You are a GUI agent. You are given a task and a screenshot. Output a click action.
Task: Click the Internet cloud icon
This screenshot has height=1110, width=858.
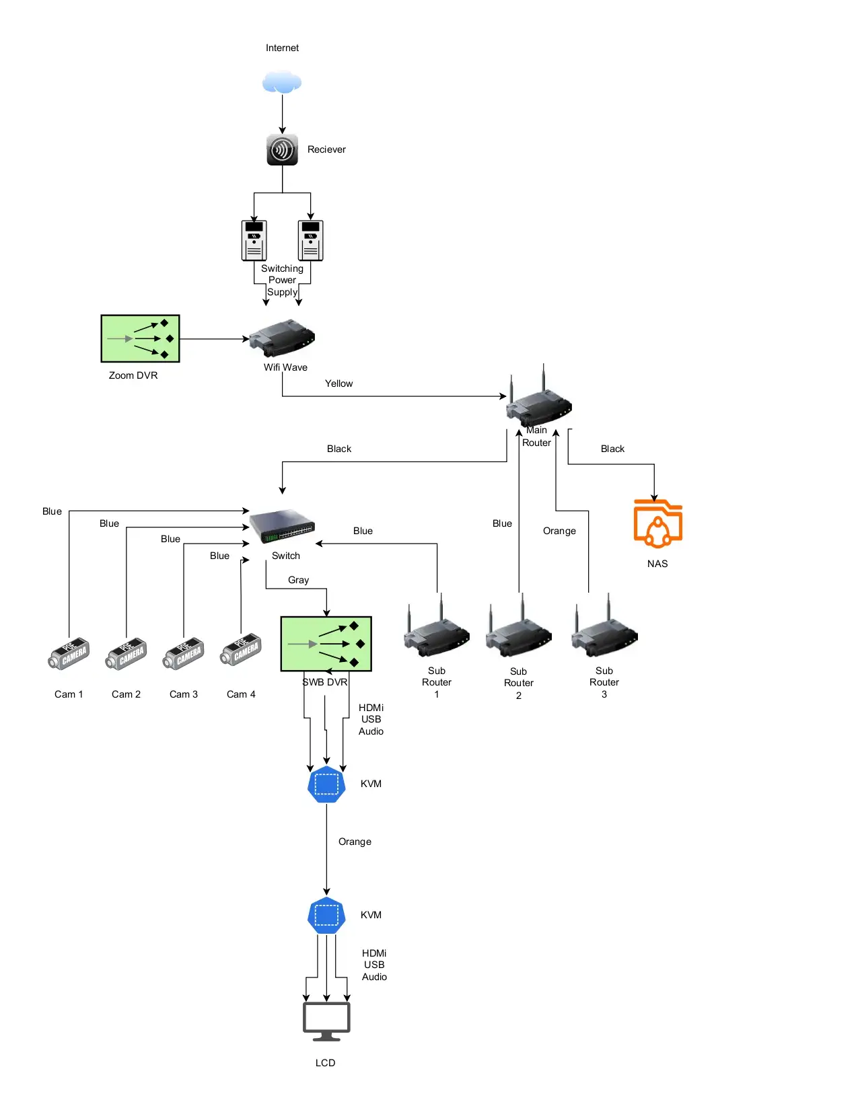coord(282,82)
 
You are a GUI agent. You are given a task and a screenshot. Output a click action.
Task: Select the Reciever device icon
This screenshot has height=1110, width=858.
coord(282,149)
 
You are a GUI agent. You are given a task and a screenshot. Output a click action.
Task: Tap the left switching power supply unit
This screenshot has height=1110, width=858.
coord(254,240)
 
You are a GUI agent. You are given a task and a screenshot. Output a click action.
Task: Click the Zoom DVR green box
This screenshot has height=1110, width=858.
coord(140,338)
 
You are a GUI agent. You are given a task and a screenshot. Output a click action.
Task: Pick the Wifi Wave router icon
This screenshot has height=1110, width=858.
coord(282,338)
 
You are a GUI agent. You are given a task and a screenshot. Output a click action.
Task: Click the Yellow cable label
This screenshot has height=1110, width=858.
coord(338,383)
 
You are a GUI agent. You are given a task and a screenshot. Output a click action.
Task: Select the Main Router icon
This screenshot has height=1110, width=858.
coord(540,402)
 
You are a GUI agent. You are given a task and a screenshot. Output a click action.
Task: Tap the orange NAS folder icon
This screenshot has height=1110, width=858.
coord(657,523)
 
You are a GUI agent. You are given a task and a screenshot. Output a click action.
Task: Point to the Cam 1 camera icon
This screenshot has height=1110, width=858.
coord(69,653)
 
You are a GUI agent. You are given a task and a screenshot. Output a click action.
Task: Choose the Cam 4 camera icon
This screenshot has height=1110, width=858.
coord(241,650)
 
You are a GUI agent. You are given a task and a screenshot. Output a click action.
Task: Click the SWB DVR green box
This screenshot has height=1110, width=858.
coord(326,644)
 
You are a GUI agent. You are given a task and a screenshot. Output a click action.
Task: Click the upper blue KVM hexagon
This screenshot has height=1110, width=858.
coord(326,784)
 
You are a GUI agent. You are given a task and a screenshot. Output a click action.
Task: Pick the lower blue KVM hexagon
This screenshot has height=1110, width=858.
coord(326,915)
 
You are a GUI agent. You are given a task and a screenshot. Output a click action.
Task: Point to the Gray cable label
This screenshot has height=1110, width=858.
coord(298,580)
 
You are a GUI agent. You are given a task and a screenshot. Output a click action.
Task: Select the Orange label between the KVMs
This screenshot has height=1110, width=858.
coord(355,842)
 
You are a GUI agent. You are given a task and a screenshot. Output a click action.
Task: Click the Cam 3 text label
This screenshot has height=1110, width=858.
coord(183,694)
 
